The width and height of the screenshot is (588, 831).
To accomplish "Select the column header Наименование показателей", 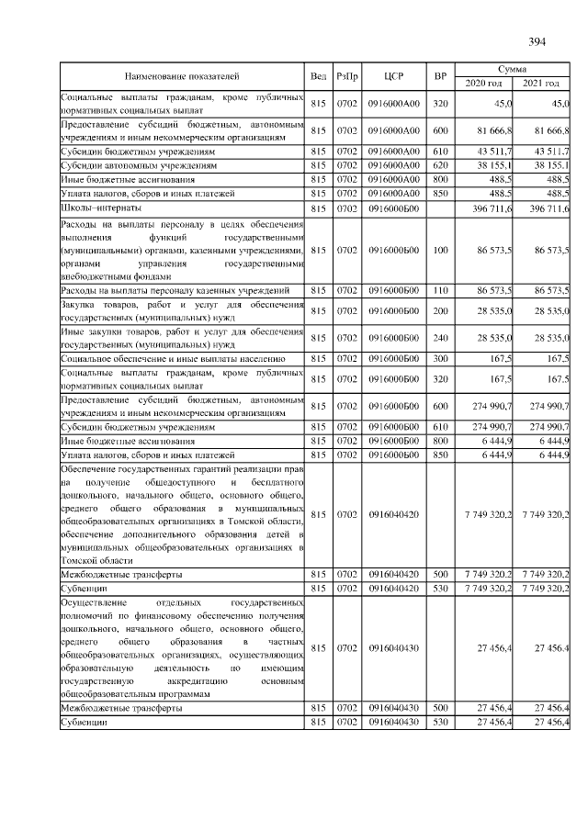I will (182, 75).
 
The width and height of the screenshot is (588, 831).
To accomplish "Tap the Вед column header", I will (319, 75).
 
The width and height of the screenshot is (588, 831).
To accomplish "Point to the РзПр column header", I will (348, 75).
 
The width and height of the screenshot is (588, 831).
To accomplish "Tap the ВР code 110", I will (440, 290).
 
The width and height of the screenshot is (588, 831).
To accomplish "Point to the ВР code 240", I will (440, 338).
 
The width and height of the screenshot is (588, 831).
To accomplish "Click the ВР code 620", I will (440, 165).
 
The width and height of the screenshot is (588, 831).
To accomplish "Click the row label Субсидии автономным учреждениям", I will (138, 165).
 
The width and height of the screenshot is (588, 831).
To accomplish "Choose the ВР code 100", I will (440, 250).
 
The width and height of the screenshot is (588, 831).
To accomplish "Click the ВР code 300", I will (440, 358).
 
